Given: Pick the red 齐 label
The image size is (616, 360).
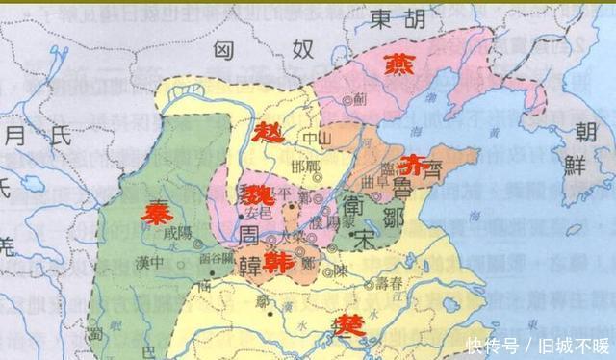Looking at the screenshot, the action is pyautogui.click(x=409, y=162).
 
